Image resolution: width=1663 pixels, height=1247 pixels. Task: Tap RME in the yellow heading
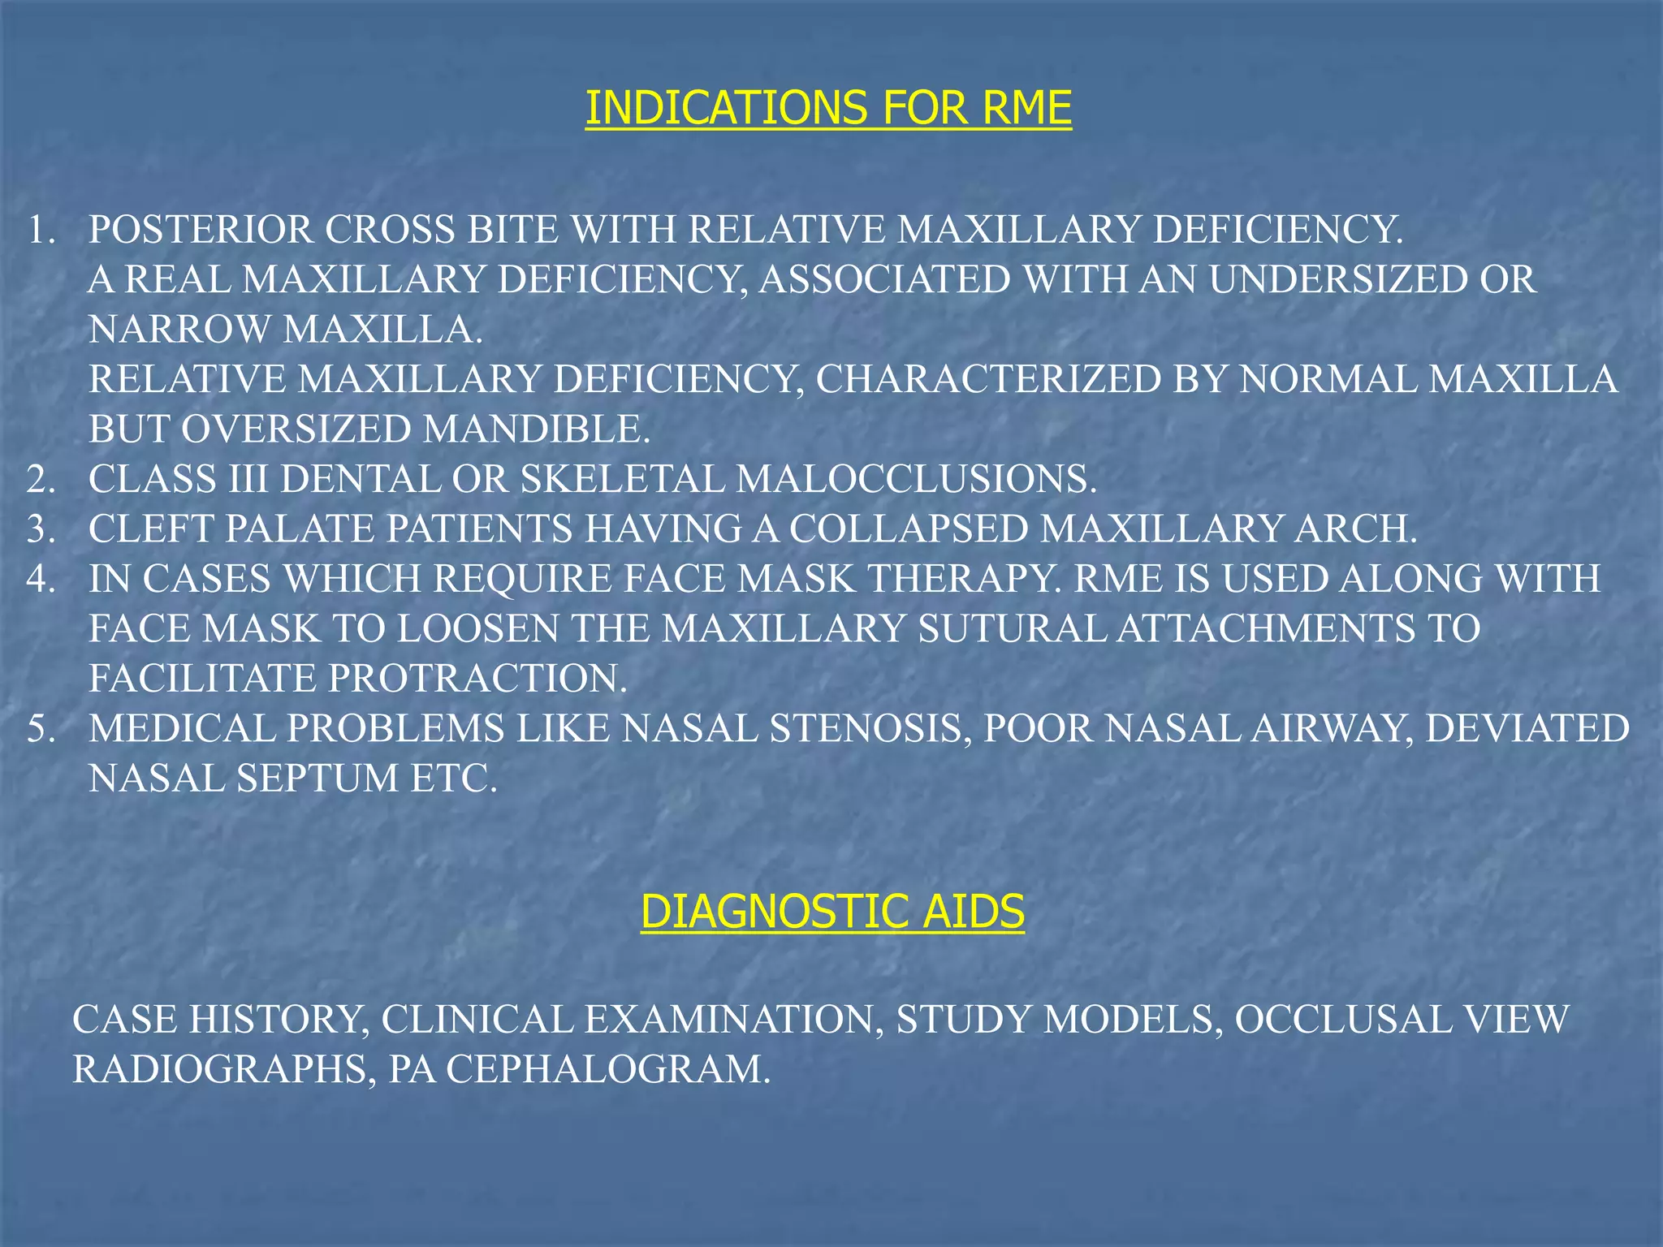coord(1026,108)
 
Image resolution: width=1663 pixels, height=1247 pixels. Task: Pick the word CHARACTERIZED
coord(987,380)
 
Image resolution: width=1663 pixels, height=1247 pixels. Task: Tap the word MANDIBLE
coord(537,429)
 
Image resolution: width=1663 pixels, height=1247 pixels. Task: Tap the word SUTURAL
coord(1012,629)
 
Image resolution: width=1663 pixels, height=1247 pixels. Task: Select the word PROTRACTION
coord(477,679)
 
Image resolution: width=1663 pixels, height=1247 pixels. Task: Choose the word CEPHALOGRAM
coord(607,1070)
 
